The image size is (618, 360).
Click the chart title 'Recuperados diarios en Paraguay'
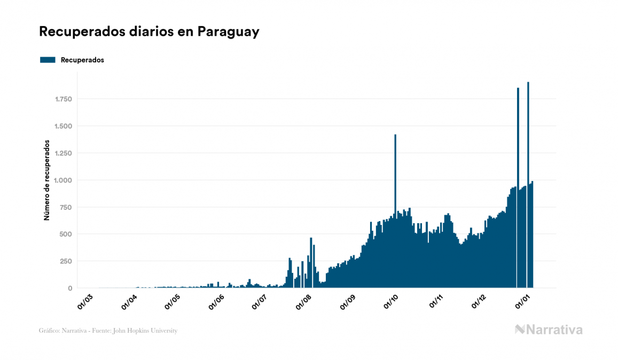click(x=149, y=32)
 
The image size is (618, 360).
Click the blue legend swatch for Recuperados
click(x=48, y=60)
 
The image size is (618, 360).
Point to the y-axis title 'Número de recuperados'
click(x=46, y=181)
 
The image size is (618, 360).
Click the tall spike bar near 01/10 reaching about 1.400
click(x=395, y=176)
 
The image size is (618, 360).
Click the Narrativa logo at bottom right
click(x=549, y=330)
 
